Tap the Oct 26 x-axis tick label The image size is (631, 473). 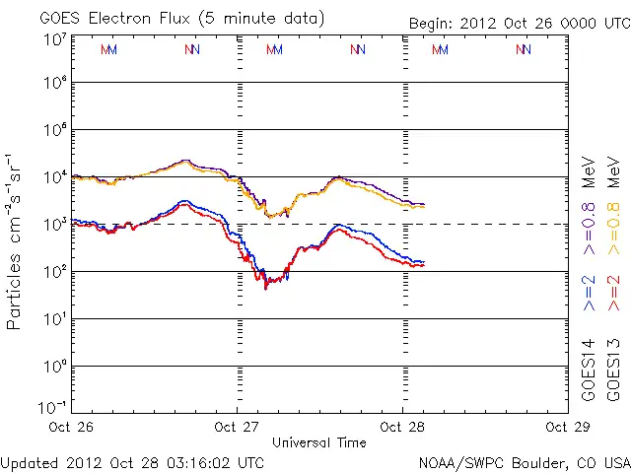pyautogui.click(x=72, y=427)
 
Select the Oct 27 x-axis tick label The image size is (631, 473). pyautogui.click(x=238, y=427)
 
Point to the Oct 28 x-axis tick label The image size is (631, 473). pyautogui.click(x=402, y=427)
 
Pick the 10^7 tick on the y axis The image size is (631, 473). pyautogui.click(x=54, y=38)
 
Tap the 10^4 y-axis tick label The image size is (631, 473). pyautogui.click(x=54, y=177)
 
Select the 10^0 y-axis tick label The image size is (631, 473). pyautogui.click(x=54, y=367)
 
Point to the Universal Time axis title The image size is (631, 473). pyautogui.click(x=319, y=442)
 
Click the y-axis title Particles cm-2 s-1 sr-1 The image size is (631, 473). pyautogui.click(x=17, y=241)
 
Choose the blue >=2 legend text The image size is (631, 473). pyautogui.click(x=589, y=294)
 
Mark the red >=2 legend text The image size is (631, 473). pyautogui.click(x=614, y=294)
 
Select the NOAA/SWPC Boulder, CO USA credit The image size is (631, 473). pyautogui.click(x=524, y=461)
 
